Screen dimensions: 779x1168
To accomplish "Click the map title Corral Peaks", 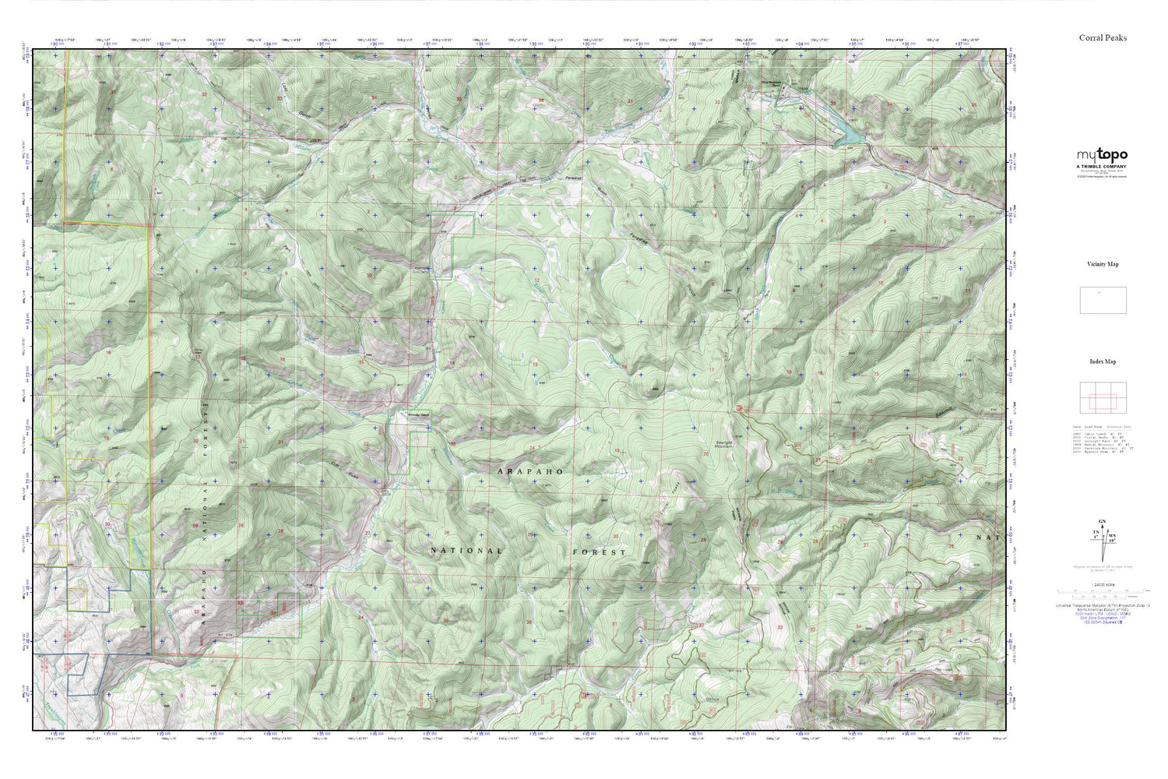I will [1103, 38].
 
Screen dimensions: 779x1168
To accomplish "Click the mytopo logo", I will [1102, 156].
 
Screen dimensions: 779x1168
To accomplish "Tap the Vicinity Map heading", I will [1103, 264].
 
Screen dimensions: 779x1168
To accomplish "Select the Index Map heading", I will [1103, 361].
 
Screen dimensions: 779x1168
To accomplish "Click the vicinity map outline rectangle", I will [1103, 301].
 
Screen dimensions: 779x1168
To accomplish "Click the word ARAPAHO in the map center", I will [529, 472].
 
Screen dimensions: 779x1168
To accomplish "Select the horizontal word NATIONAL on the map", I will [467, 551].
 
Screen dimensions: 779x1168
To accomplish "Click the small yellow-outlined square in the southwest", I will [76, 600].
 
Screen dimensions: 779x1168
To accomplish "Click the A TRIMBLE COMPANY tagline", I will [1102, 167].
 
